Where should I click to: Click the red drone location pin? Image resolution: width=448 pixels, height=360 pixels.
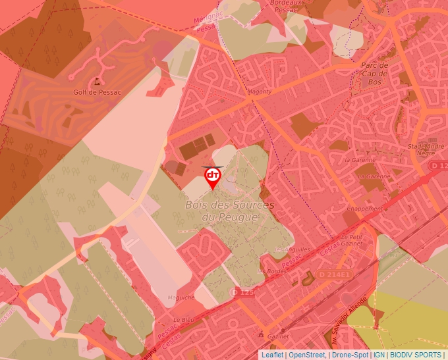click(x=213, y=176)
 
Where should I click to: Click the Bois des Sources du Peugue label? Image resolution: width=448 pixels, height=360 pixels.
click(x=229, y=211)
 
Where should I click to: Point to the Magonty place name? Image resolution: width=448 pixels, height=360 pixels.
click(x=259, y=92)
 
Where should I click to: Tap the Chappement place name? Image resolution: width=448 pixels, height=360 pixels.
click(x=364, y=209)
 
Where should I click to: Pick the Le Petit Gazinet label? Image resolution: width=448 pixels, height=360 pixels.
click(x=352, y=239)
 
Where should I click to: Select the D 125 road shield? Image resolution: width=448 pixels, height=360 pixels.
click(x=242, y=292)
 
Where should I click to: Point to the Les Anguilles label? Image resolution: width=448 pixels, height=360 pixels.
click(x=291, y=250)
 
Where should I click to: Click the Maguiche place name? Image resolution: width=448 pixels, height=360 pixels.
click(x=181, y=297)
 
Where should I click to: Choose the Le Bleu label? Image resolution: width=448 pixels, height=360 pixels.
click(x=187, y=320)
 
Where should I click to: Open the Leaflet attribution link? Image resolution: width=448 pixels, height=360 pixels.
click(x=272, y=355)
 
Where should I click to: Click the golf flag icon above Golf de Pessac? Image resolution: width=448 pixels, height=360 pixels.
click(x=98, y=81)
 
